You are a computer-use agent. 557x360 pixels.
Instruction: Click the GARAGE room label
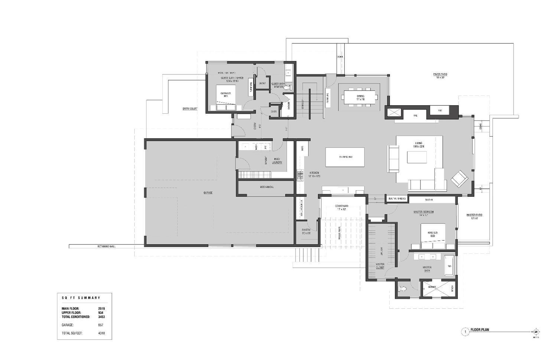coord(208,193)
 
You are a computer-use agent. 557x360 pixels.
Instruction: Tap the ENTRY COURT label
coord(190,109)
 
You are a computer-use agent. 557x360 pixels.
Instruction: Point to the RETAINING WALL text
coord(107,246)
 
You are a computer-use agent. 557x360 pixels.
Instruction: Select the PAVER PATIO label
coord(440,76)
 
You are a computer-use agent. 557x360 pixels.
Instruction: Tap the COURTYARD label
coord(341,207)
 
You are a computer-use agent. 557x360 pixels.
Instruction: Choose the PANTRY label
coord(306,231)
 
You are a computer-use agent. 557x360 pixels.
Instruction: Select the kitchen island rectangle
coord(345,157)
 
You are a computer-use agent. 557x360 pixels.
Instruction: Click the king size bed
coord(434,236)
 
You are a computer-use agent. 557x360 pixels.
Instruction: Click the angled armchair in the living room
coord(459,179)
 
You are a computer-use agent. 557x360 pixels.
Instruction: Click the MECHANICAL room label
coord(267,187)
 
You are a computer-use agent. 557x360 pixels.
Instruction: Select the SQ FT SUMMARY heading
coord(81,298)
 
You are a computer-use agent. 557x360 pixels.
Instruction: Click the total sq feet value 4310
coord(101,333)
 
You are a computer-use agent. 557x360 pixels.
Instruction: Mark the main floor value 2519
coord(101,309)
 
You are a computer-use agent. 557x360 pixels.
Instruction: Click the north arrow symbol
coord(536,332)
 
